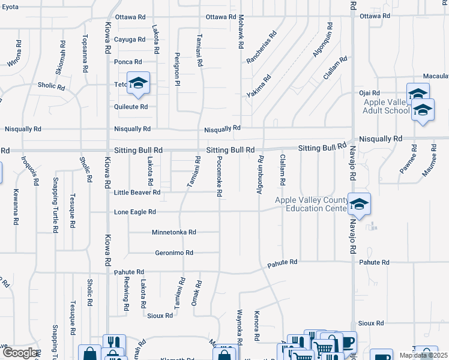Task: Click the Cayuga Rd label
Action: point(130,40)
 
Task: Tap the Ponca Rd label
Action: point(128,62)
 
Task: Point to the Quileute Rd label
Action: point(131,107)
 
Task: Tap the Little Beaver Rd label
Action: point(137,193)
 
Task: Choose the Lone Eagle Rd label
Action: point(135,212)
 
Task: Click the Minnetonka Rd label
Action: point(174,232)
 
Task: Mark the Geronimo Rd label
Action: point(174,253)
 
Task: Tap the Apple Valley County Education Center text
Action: point(311,205)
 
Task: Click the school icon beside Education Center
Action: point(358,204)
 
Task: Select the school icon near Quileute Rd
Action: point(138,83)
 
